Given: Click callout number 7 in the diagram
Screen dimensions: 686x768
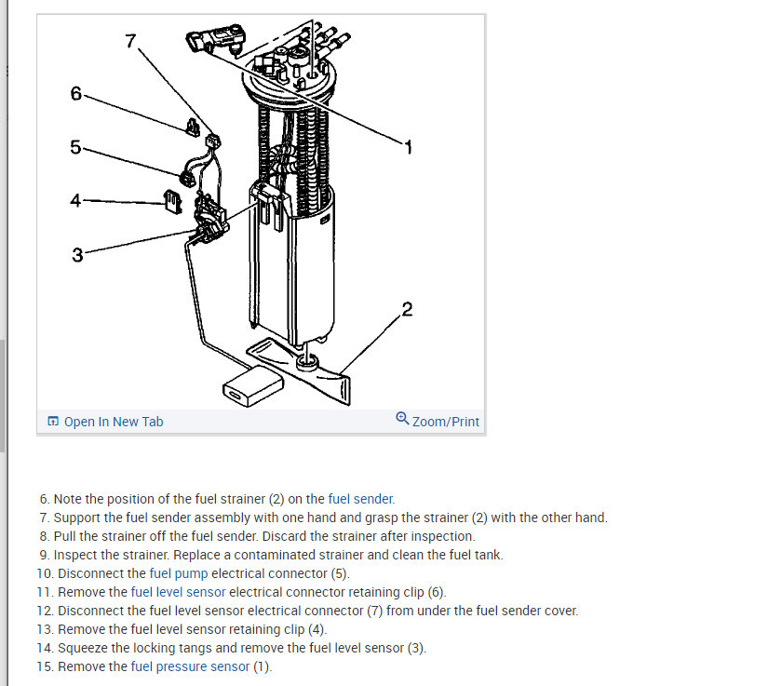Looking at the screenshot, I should [130, 40].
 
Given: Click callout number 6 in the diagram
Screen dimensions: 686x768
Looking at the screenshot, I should [76, 93].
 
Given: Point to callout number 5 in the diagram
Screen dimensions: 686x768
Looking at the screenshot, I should [76, 146].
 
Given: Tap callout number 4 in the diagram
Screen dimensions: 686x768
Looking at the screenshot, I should [76, 199].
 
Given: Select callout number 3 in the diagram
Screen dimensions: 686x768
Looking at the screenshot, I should [77, 254].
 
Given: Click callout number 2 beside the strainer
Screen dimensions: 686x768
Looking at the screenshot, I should [407, 309].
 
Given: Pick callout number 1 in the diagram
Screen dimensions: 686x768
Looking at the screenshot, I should [407, 146].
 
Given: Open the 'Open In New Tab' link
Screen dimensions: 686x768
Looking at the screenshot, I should [113, 422].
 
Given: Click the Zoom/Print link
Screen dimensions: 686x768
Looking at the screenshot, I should [446, 422].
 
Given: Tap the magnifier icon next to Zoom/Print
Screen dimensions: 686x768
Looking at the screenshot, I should [402, 419].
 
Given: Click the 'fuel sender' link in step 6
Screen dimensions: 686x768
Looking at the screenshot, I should [361, 499].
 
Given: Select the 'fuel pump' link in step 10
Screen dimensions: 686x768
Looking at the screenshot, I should [178, 573].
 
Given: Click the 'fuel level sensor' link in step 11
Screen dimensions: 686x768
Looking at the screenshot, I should [178, 592].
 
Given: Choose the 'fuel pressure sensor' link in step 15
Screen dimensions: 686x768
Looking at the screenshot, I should [190, 666].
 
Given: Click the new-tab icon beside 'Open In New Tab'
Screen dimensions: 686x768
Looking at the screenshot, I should [53, 422].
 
